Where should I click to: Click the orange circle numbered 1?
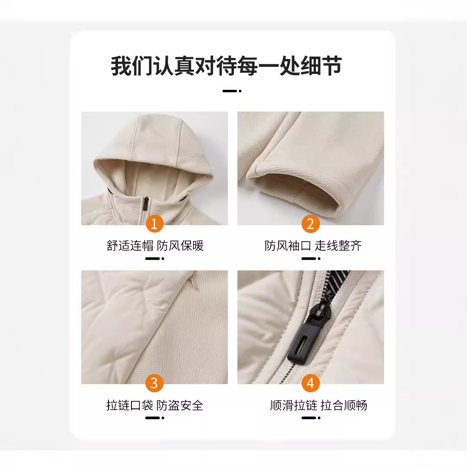(x=155, y=224)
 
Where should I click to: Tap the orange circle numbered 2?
(x=310, y=224)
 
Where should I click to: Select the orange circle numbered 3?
(x=155, y=383)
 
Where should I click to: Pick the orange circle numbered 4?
(x=310, y=383)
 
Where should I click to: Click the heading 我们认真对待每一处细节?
(x=226, y=66)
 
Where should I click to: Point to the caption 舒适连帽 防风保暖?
(x=155, y=246)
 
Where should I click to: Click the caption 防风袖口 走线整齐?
(x=313, y=246)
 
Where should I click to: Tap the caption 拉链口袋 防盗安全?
(x=155, y=405)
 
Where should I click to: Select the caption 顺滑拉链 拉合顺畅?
(x=319, y=405)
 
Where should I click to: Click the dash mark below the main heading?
(x=232, y=91)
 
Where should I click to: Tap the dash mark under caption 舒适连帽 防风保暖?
(x=155, y=259)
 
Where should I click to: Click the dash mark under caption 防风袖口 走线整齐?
(x=311, y=259)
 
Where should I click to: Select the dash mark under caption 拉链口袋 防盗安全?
(x=155, y=418)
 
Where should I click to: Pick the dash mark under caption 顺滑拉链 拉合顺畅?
(x=311, y=418)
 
